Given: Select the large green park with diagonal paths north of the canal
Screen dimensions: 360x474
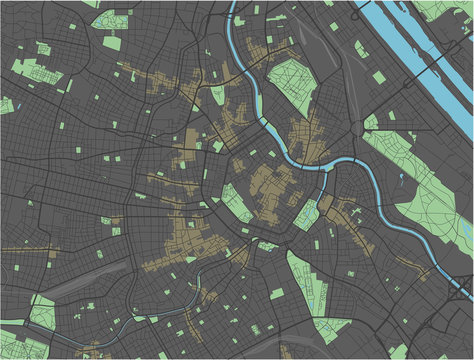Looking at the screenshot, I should tap(291, 84).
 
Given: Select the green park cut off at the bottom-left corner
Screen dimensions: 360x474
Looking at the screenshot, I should tap(12, 350).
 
